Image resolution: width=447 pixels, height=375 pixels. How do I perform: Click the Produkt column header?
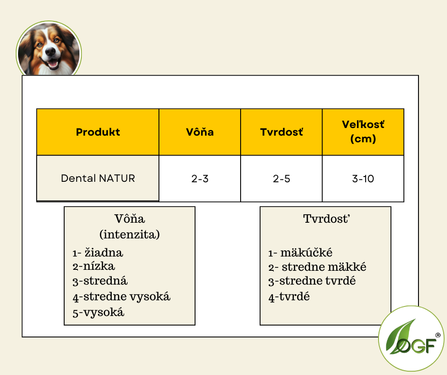point(98,132)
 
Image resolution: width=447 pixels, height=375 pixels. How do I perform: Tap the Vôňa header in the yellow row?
point(200,132)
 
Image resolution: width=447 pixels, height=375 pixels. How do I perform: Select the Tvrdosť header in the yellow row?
point(282,132)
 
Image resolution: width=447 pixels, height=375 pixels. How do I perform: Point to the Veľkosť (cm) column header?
point(363,132)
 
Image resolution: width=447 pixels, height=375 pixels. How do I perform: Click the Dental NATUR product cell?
point(98,178)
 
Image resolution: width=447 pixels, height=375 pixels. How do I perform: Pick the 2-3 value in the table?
point(200,179)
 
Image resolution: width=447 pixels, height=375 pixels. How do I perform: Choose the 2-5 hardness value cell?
point(282,179)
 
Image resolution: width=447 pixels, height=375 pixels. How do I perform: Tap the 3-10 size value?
point(363,179)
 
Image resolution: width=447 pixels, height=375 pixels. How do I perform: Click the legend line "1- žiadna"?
point(98,253)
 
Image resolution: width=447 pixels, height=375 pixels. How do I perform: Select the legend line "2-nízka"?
point(94,266)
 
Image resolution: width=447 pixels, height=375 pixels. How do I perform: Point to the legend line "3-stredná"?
point(100,281)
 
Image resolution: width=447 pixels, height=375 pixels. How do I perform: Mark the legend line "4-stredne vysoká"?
point(121,297)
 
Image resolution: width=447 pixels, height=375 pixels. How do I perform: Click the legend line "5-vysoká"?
point(98,313)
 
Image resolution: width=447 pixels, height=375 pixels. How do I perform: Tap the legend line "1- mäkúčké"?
point(300,253)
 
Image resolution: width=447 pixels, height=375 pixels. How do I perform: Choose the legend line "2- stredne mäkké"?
point(317,267)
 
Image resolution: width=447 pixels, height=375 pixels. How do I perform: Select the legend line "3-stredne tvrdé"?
point(312,281)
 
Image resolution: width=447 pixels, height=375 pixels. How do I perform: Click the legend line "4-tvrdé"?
point(289,297)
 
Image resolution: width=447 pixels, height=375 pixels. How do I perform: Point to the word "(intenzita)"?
point(129,235)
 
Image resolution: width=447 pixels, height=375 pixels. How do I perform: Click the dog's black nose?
point(50,51)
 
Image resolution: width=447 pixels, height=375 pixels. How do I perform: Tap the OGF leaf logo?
point(411,338)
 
